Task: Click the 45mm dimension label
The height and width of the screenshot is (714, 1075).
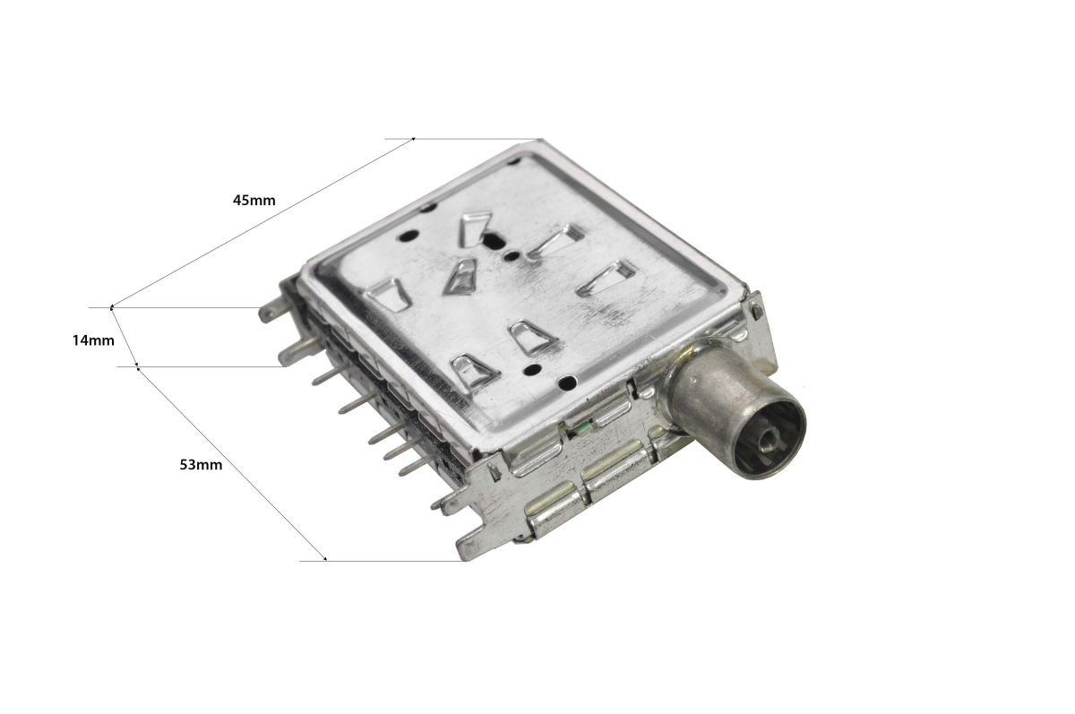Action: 254,200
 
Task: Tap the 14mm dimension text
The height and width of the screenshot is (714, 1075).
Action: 93,340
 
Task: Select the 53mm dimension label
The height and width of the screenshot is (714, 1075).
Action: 201,464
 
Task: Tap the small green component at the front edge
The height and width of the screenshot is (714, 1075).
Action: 582,426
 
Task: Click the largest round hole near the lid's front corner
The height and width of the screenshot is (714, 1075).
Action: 568,383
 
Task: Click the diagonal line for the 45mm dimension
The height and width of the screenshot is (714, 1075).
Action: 262,223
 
